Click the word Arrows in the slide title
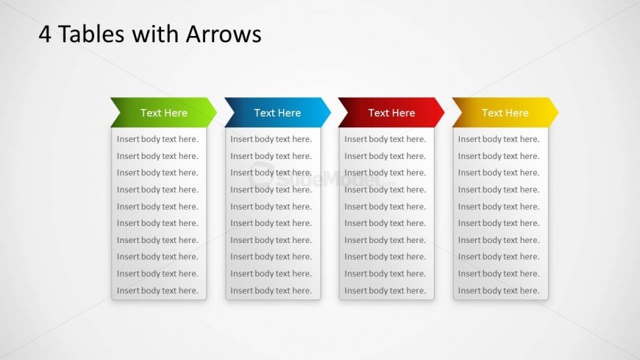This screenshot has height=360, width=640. [x=224, y=34]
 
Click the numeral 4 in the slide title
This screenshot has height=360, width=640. [x=45, y=34]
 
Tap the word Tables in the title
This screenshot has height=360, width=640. [x=91, y=34]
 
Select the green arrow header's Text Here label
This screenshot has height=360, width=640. [x=163, y=113]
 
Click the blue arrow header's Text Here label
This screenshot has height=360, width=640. [x=277, y=113]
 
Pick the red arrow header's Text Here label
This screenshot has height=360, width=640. [x=391, y=113]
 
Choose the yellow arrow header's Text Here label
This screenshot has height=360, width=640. [x=505, y=113]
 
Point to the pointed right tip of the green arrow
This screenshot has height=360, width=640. [x=217, y=112]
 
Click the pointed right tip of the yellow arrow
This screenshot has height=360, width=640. [x=558, y=112]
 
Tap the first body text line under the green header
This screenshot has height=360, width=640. [x=157, y=139]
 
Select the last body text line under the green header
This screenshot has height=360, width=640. [x=157, y=291]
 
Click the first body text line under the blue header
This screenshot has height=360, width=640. [x=271, y=139]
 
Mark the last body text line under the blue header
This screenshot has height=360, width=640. [x=271, y=291]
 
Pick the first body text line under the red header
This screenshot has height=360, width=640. [x=385, y=139]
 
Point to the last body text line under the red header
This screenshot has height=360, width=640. [x=385, y=291]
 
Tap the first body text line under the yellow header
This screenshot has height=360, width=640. [x=499, y=139]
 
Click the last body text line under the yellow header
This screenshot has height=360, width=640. [x=499, y=291]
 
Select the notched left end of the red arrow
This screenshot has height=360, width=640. [x=348, y=113]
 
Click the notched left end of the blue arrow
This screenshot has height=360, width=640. [x=234, y=113]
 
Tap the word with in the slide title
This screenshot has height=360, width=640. [x=155, y=34]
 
